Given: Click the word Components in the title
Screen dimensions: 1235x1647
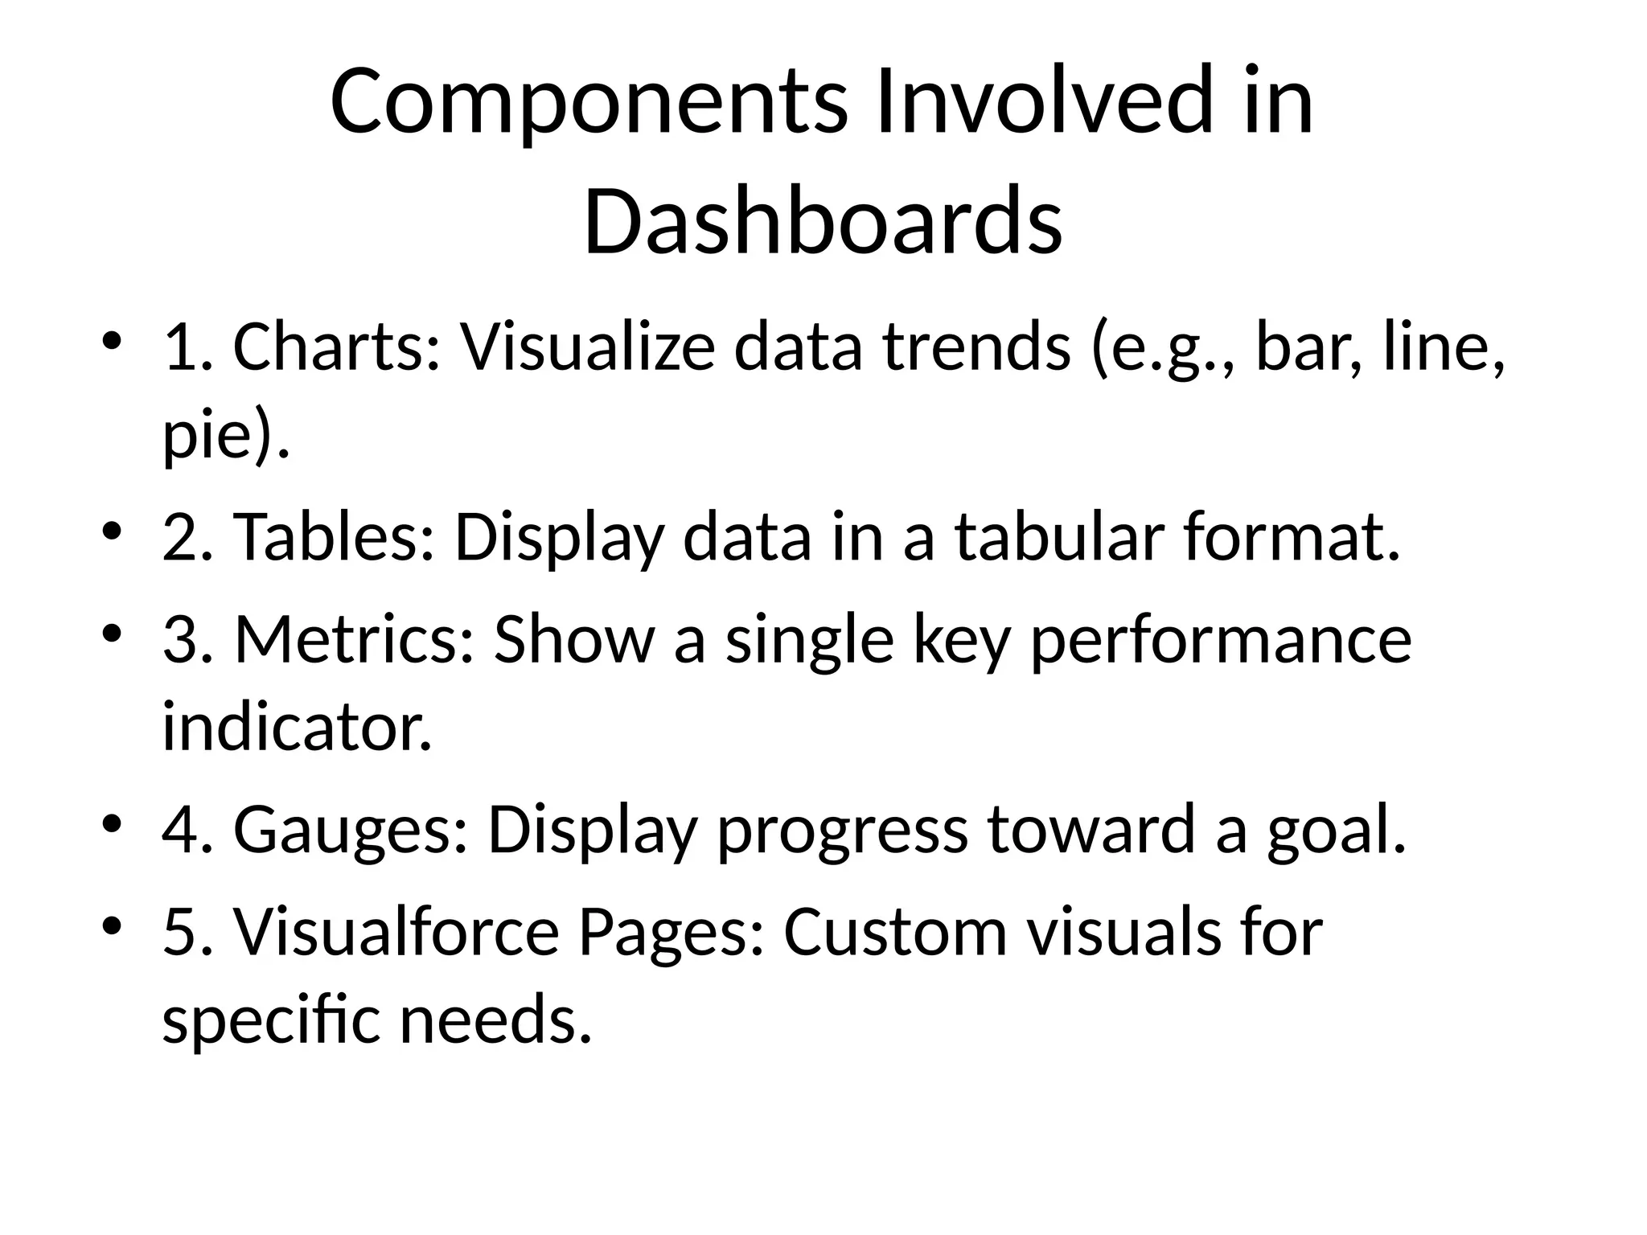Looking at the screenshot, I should coord(588,104).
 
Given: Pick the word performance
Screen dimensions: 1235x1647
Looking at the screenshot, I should coord(1221,641).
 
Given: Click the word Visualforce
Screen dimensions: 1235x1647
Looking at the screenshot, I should coord(396,933).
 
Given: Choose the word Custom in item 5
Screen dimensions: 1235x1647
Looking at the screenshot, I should coord(895,933).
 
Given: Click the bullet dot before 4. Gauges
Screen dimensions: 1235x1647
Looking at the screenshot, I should coord(112,823).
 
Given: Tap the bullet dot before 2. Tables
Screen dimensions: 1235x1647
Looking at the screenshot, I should coord(112,531).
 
